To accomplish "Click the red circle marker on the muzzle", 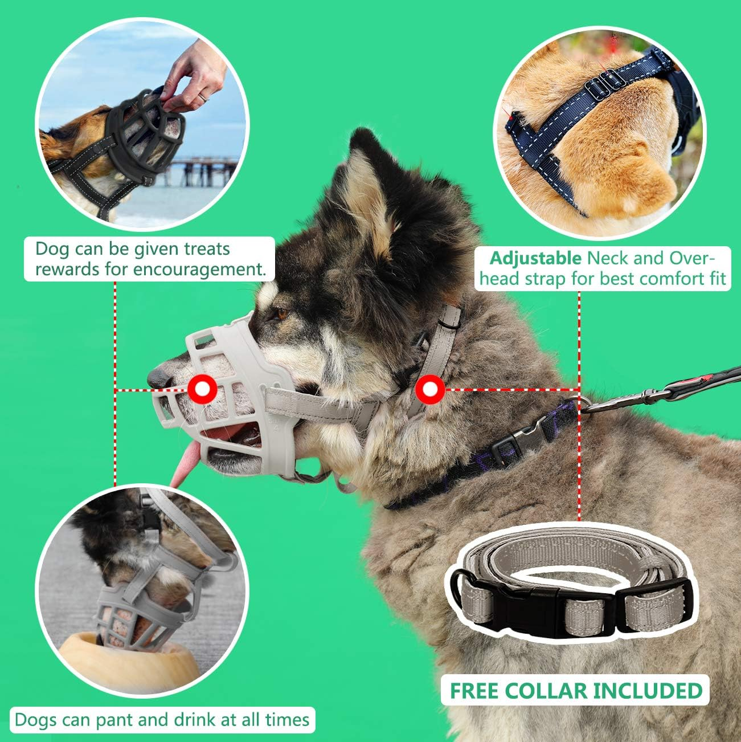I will pyautogui.click(x=202, y=390).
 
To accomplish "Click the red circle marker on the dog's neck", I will pyautogui.click(x=429, y=390).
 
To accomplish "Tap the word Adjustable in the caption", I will pyautogui.click(x=535, y=259).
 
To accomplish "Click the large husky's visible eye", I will pyautogui.click(x=281, y=313).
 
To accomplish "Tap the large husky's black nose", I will pyautogui.click(x=159, y=377).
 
